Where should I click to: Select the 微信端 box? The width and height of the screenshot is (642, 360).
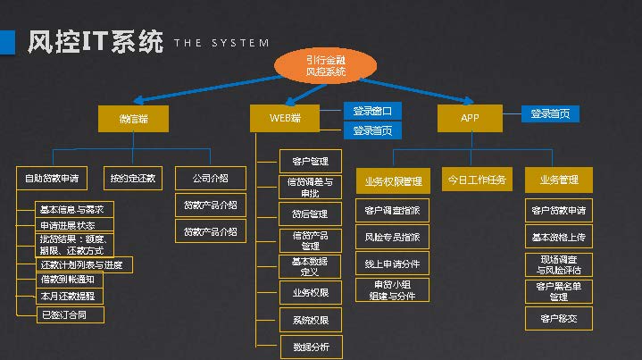(133, 118)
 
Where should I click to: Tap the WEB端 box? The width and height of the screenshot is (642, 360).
(286, 118)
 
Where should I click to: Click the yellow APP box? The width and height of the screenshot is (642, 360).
(470, 118)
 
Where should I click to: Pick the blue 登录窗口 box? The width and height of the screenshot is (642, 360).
(372, 111)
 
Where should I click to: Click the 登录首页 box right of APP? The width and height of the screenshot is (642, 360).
(550, 113)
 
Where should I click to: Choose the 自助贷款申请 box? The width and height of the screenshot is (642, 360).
(52, 178)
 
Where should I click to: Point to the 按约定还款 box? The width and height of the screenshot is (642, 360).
(133, 178)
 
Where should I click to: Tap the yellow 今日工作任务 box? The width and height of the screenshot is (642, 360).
(477, 180)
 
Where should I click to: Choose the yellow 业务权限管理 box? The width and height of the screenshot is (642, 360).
(392, 181)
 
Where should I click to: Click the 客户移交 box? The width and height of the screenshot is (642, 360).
(558, 318)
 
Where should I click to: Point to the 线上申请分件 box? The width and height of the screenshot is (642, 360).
(392, 264)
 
